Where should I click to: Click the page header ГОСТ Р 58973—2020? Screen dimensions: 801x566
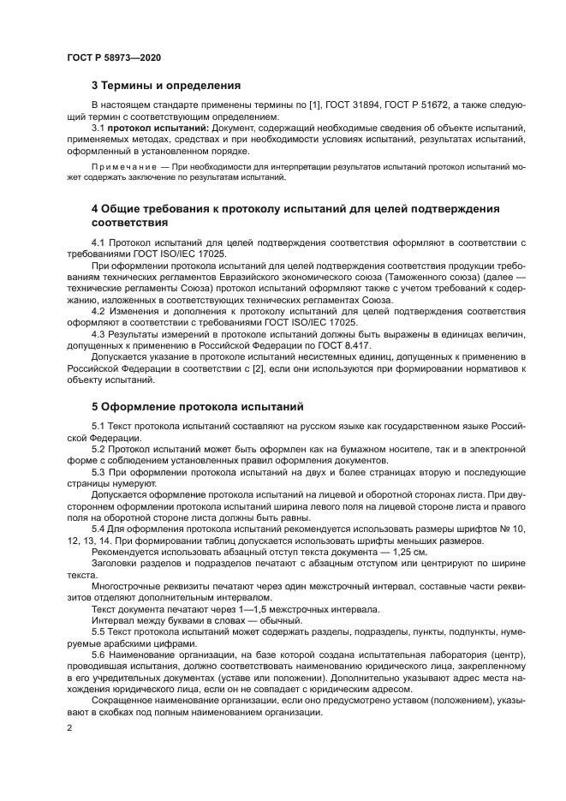click(x=113, y=57)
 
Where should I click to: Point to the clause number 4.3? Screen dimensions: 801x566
click(x=98, y=333)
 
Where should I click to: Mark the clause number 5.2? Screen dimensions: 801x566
click(x=98, y=448)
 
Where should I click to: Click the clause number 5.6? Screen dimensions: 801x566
click(x=98, y=655)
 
